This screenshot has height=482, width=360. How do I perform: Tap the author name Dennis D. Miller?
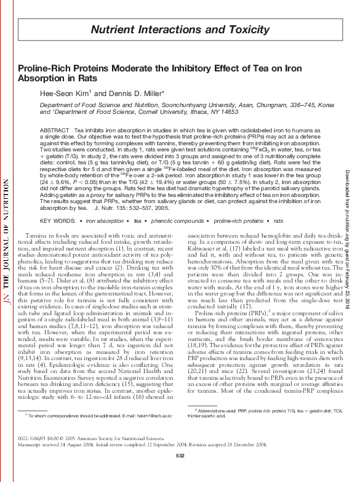coord(147,94)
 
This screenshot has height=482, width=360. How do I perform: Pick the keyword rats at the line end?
coord(278,220)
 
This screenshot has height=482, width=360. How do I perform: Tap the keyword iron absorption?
coord(104,220)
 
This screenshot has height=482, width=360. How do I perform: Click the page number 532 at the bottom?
coord(180,472)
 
